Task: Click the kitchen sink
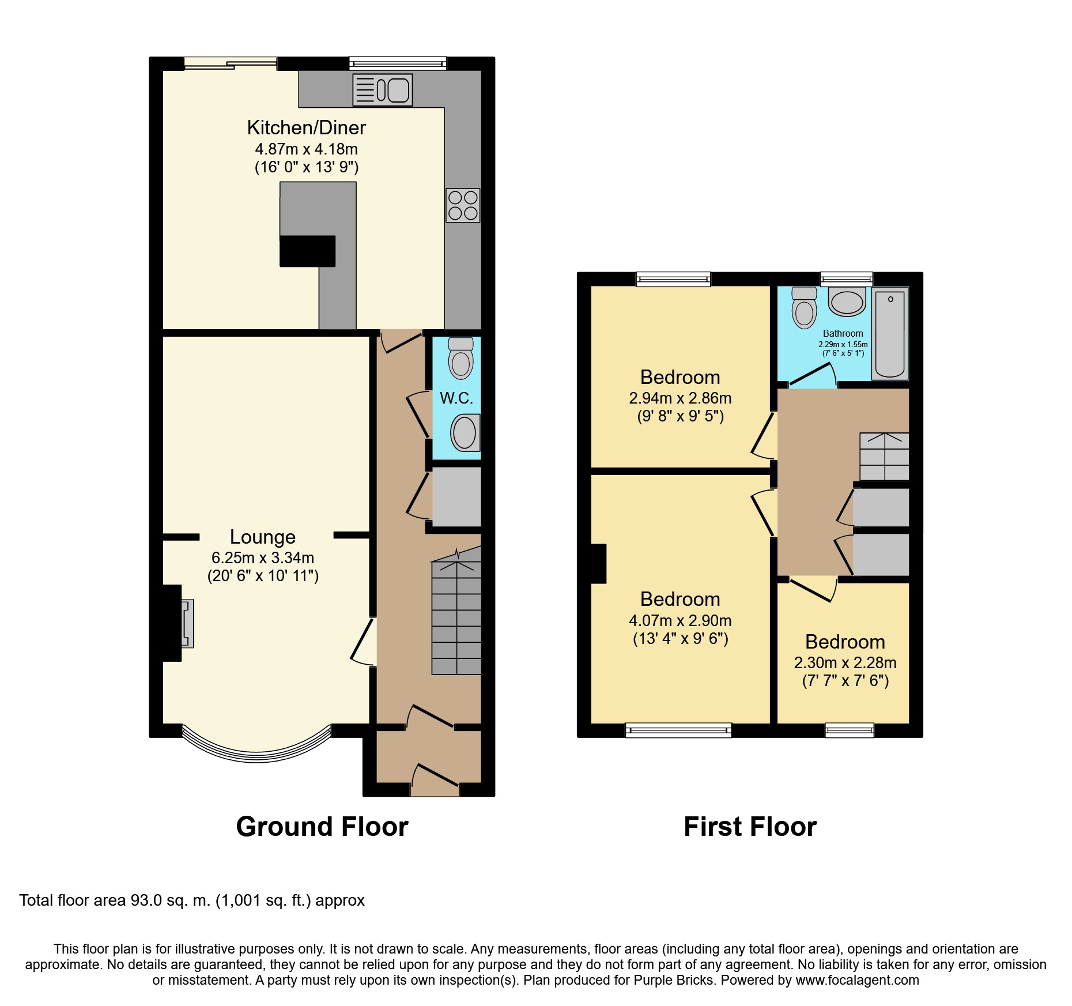383,90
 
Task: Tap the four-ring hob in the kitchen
463,205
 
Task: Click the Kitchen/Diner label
307,127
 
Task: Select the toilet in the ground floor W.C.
460,358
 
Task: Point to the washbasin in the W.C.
465,432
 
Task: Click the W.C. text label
456,398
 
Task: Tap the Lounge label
263,537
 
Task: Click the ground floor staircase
456,611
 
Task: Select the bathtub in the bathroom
890,334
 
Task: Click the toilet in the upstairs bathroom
804,308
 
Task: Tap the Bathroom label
843,333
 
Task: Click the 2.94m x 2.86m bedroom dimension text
681,398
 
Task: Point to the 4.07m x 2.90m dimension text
681,621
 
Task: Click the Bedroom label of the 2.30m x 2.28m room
845,642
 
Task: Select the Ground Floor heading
322,827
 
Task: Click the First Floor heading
750,827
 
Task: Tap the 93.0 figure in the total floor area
146,900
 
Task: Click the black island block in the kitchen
308,251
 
